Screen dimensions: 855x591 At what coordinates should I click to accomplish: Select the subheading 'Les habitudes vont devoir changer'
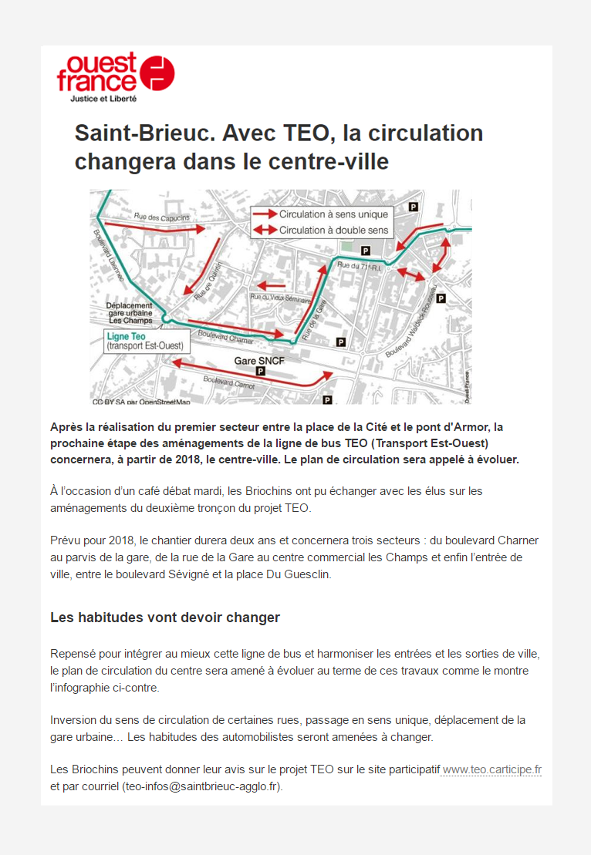164,618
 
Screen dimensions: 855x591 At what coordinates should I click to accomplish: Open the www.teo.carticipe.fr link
491,769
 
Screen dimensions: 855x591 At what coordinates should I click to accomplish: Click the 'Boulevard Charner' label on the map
225,337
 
